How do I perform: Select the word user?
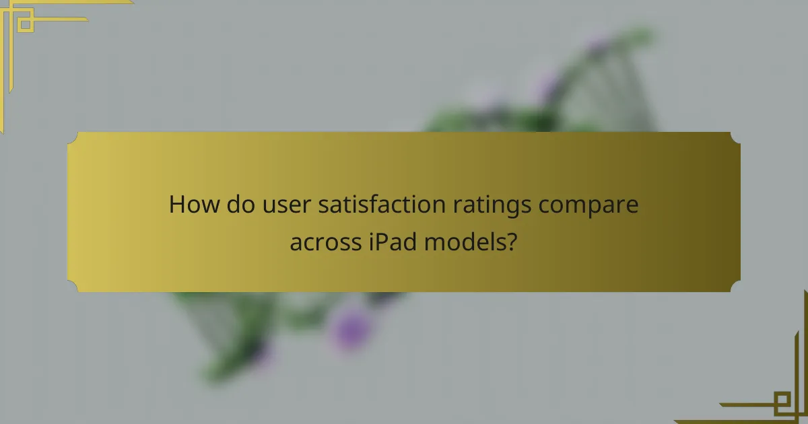click(x=281, y=204)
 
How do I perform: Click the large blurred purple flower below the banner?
click(x=350, y=328)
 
